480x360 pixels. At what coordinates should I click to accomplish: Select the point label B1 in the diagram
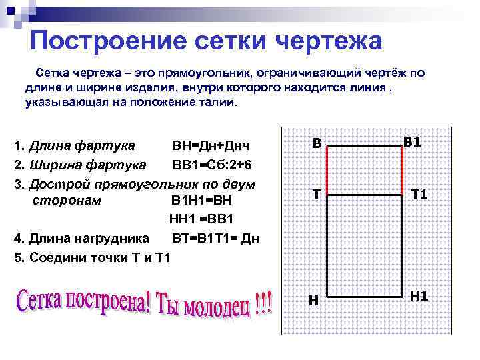pyautogui.click(x=412, y=141)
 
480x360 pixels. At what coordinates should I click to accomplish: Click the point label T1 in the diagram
pyautogui.click(x=419, y=194)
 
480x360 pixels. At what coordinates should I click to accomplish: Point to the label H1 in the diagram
pyautogui.click(x=419, y=295)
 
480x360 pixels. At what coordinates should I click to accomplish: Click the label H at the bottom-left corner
pyautogui.click(x=313, y=301)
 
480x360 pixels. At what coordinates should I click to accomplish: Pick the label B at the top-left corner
pyautogui.click(x=317, y=143)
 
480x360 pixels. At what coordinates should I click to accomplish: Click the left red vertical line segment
pyautogui.click(x=327, y=171)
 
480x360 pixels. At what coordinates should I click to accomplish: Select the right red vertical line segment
pyautogui.click(x=403, y=171)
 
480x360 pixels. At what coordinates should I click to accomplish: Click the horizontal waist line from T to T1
pyautogui.click(x=365, y=195)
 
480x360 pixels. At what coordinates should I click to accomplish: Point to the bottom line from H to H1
pyautogui.click(x=365, y=299)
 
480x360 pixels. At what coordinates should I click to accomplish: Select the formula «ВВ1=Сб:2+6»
pyautogui.click(x=212, y=165)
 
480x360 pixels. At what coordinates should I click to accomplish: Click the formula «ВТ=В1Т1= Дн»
pyautogui.click(x=215, y=239)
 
